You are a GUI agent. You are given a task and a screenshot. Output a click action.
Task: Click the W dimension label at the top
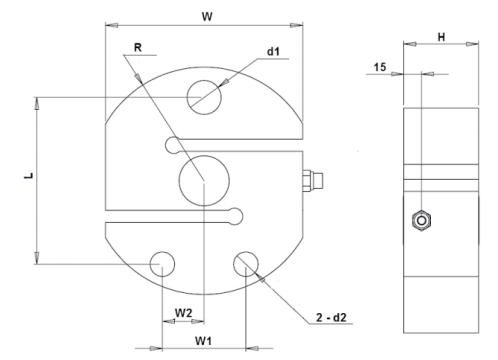pyautogui.click(x=207, y=16)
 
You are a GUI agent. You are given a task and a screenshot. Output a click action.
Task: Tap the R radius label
pyautogui.click(x=138, y=48)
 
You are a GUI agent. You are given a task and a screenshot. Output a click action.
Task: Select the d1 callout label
pyautogui.click(x=273, y=51)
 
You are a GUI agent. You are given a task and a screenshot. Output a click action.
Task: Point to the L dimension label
pyautogui.click(x=29, y=175)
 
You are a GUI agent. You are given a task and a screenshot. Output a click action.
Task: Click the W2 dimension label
pyautogui.click(x=184, y=313)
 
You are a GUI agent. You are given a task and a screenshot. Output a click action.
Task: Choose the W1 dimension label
pyautogui.click(x=203, y=341)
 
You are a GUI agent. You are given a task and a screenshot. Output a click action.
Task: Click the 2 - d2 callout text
pyautogui.click(x=331, y=317)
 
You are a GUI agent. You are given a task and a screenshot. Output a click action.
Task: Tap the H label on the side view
pyautogui.click(x=441, y=37)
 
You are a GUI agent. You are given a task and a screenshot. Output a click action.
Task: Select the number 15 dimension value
pyautogui.click(x=380, y=67)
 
